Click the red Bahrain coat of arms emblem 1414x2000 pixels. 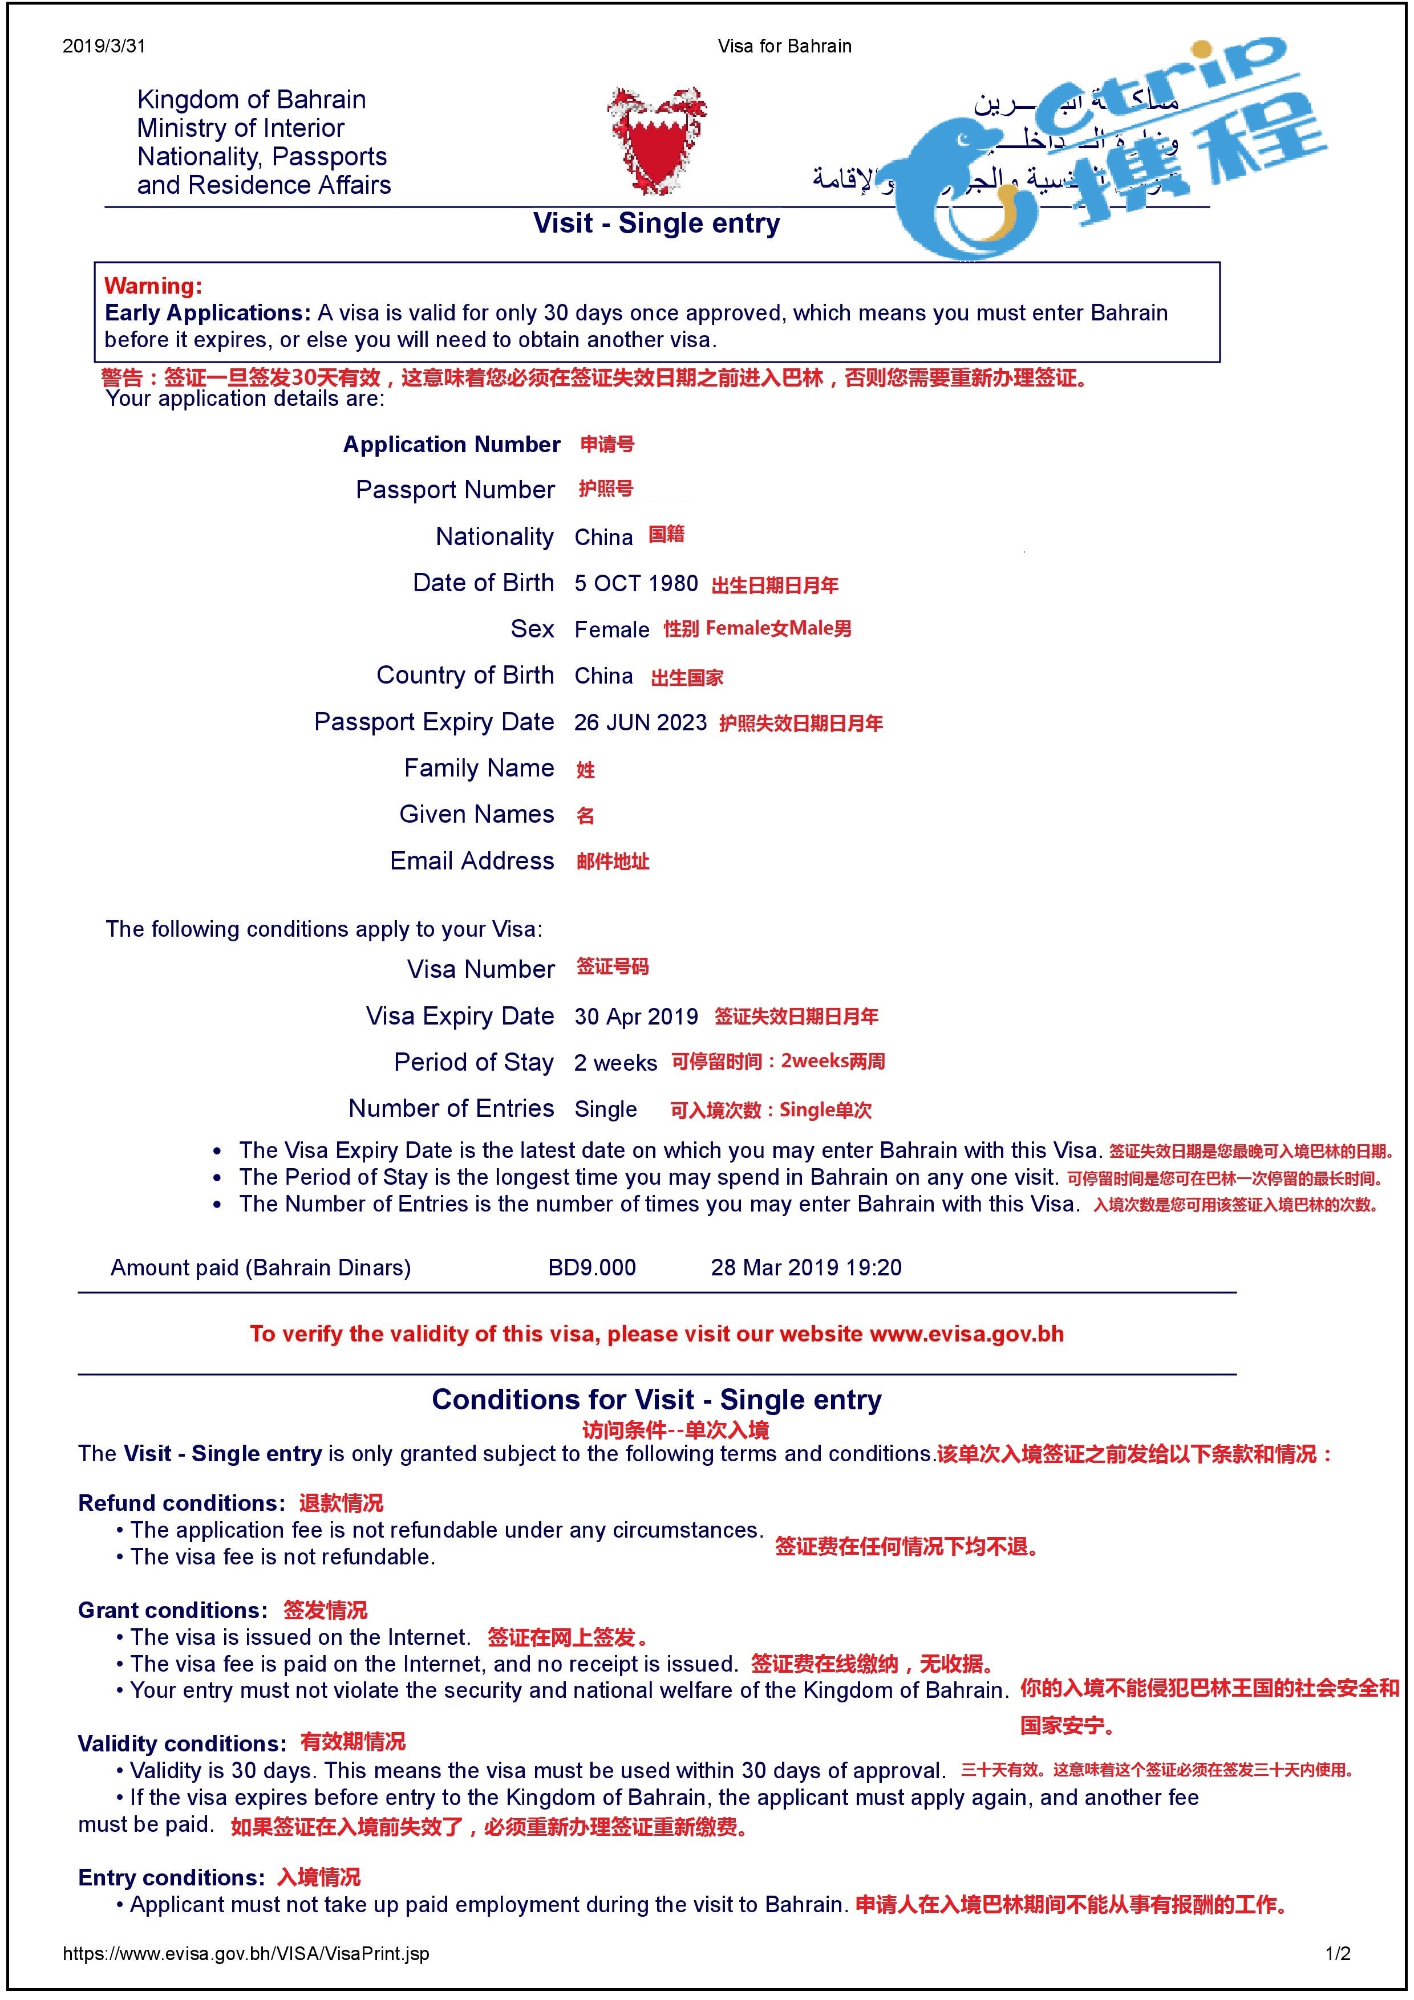tap(656, 139)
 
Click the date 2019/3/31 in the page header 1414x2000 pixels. tap(104, 46)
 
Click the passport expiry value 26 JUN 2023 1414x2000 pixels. tap(641, 722)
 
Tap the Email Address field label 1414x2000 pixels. tap(471, 861)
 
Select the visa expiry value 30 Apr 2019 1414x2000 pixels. tap(636, 1017)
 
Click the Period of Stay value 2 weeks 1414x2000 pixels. tap(615, 1063)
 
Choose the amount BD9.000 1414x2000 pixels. tap(591, 1267)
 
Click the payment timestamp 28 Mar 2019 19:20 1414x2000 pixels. tap(806, 1267)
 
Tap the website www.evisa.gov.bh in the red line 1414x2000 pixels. tap(966, 1335)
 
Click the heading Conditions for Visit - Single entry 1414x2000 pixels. tap(656, 1400)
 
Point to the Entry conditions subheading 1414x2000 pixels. tap(171, 1877)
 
